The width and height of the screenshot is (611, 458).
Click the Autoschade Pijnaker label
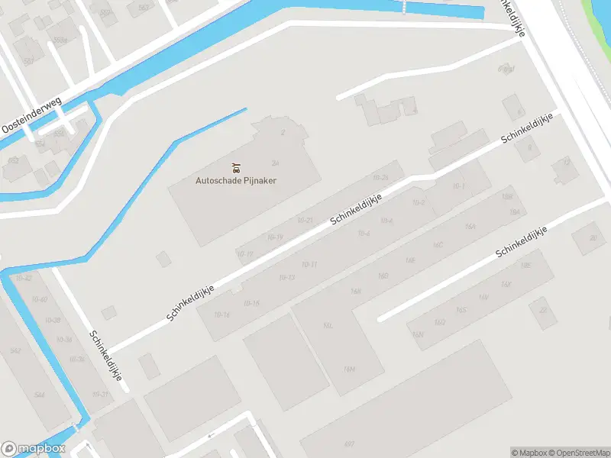click(x=235, y=181)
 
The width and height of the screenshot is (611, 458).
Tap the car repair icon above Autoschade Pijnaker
click(x=235, y=167)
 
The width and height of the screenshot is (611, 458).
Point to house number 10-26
click(x=380, y=177)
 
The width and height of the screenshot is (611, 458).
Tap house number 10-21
click(x=305, y=220)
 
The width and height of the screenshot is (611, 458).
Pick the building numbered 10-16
click(x=222, y=314)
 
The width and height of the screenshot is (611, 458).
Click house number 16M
click(x=349, y=369)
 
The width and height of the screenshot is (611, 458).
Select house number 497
click(x=349, y=443)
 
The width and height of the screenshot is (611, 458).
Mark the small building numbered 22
click(x=543, y=310)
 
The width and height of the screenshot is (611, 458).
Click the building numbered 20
click(x=593, y=237)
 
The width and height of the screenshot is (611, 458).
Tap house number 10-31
click(x=100, y=394)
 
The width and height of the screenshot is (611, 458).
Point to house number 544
click(x=39, y=395)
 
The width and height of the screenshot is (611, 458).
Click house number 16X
click(x=506, y=284)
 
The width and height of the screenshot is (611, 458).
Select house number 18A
click(x=515, y=211)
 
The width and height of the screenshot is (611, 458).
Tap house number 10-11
click(x=309, y=264)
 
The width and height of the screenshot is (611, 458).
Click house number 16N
click(x=418, y=334)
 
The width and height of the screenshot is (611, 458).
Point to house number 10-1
click(x=458, y=185)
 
